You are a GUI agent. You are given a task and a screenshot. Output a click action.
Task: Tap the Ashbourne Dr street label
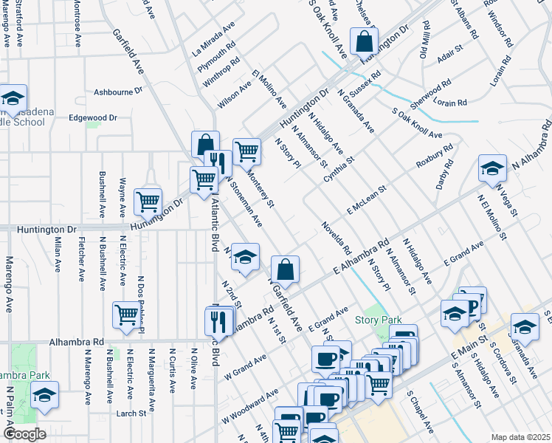pos(117,92)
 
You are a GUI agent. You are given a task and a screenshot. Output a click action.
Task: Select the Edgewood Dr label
pos(93,117)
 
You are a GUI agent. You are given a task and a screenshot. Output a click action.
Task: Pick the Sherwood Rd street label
pos(431,97)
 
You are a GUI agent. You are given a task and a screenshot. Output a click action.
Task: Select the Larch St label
pos(131,413)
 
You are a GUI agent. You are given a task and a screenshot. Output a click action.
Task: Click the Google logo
pos(24,434)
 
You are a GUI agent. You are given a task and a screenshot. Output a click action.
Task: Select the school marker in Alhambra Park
pos(45,395)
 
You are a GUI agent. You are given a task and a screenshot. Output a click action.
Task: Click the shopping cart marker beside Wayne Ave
pos(148,201)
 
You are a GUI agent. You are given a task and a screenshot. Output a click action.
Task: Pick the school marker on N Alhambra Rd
pos(492,168)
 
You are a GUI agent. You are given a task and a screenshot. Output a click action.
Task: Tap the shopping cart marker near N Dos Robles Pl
pos(126,315)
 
